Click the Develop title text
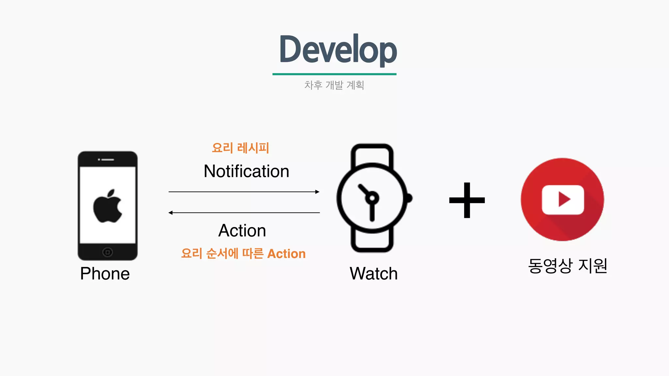[x=338, y=50]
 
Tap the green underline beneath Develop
[x=334, y=74]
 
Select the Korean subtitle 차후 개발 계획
[x=334, y=85]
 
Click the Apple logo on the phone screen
[x=107, y=206]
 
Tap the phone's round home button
[x=107, y=252]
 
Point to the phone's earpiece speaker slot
[x=107, y=160]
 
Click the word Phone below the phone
[x=105, y=274]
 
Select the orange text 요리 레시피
[x=240, y=148]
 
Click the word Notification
[x=246, y=171]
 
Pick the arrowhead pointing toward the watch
[x=317, y=192]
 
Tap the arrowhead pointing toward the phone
[x=171, y=213]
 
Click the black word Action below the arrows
[x=242, y=230]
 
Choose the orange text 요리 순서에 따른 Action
[x=243, y=254]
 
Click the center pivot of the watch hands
[x=372, y=198]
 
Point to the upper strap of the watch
[x=372, y=153]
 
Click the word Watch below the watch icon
[x=373, y=274]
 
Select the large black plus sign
[x=467, y=200]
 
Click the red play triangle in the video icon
[x=564, y=199]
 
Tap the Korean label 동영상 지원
[x=567, y=266]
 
